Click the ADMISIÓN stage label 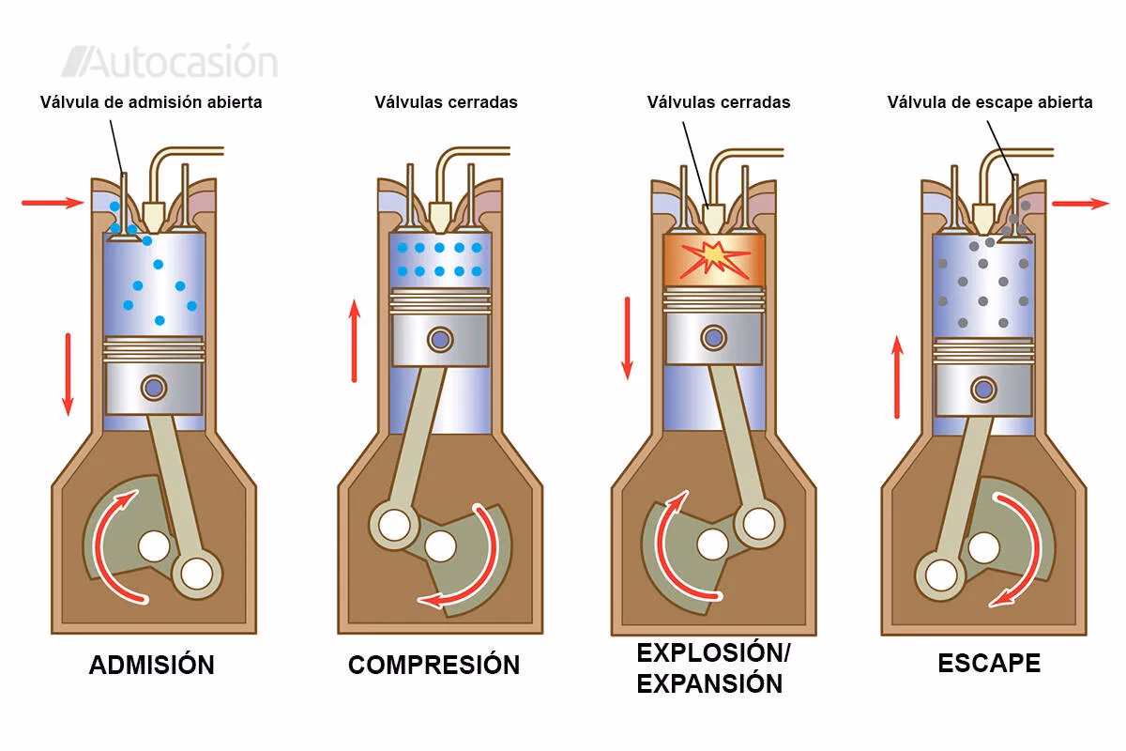point(151,665)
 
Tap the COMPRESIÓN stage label point(434,665)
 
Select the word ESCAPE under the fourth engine point(989,663)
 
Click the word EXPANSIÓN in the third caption point(709,683)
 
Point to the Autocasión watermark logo point(170,62)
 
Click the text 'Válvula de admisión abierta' point(151,102)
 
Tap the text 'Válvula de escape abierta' point(990,102)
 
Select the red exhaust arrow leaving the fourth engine point(1079,203)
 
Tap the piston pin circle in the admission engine point(153,386)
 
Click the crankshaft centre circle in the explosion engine point(713,542)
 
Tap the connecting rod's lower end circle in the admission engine point(197,572)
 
